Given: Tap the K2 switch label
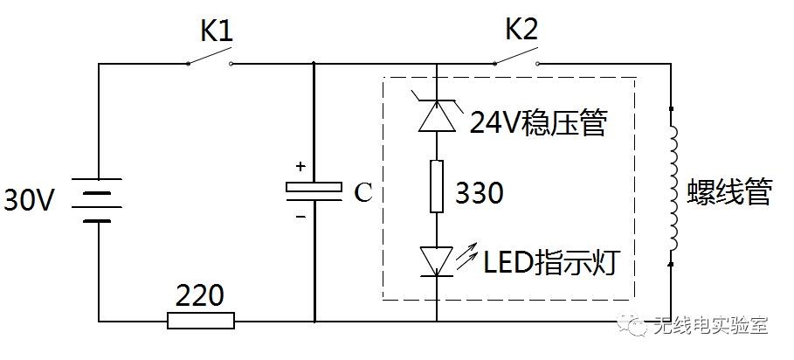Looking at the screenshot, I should click(521, 31).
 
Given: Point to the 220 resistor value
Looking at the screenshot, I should click(200, 294).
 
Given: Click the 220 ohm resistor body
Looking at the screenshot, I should click(201, 321).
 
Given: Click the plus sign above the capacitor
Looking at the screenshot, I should click(301, 166).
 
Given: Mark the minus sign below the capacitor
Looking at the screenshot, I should click(301, 214).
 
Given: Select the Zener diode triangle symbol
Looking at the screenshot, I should click(437, 116).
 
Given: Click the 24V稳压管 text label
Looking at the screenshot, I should click(537, 124).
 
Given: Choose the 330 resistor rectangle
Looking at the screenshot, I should click(437, 188).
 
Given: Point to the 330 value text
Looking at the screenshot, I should click(479, 193).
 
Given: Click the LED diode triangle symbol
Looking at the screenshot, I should click(437, 260).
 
